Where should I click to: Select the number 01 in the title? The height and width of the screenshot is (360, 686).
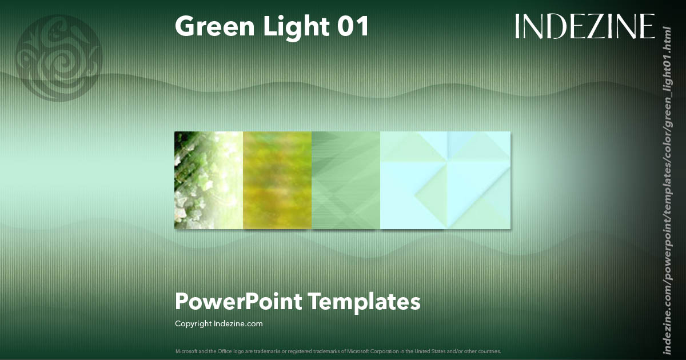tap(353, 26)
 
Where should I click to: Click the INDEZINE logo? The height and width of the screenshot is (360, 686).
tap(584, 26)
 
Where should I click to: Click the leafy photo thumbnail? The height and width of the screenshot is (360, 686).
tap(209, 180)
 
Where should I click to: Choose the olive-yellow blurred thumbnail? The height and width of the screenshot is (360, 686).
tap(277, 180)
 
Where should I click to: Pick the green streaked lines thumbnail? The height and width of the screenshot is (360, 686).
tap(346, 180)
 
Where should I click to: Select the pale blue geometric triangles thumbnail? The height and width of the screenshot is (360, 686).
tap(445, 180)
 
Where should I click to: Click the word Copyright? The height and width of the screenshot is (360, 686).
tap(193, 324)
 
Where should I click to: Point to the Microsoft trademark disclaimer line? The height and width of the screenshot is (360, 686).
tap(337, 351)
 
